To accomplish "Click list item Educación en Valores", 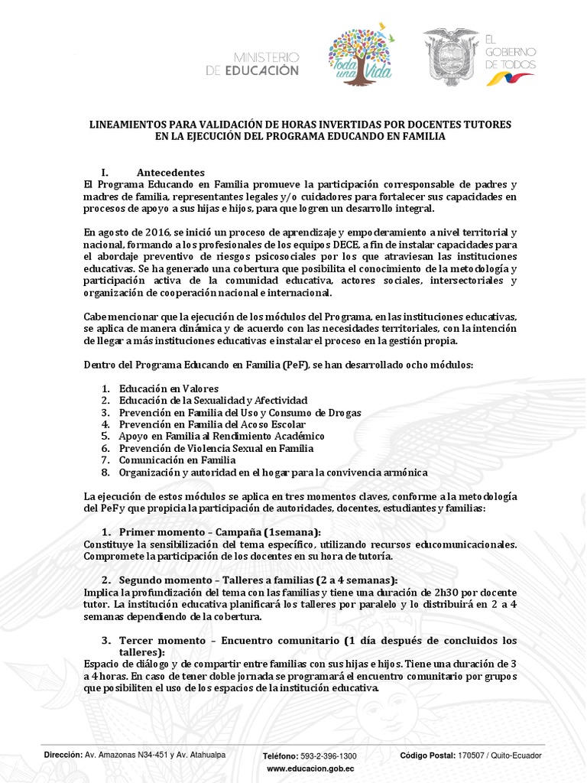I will pos(169,388).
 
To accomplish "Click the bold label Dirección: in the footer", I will pos(63,755).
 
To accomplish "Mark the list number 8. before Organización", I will pos(105,473).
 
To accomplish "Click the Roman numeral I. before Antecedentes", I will pos(106,172).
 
